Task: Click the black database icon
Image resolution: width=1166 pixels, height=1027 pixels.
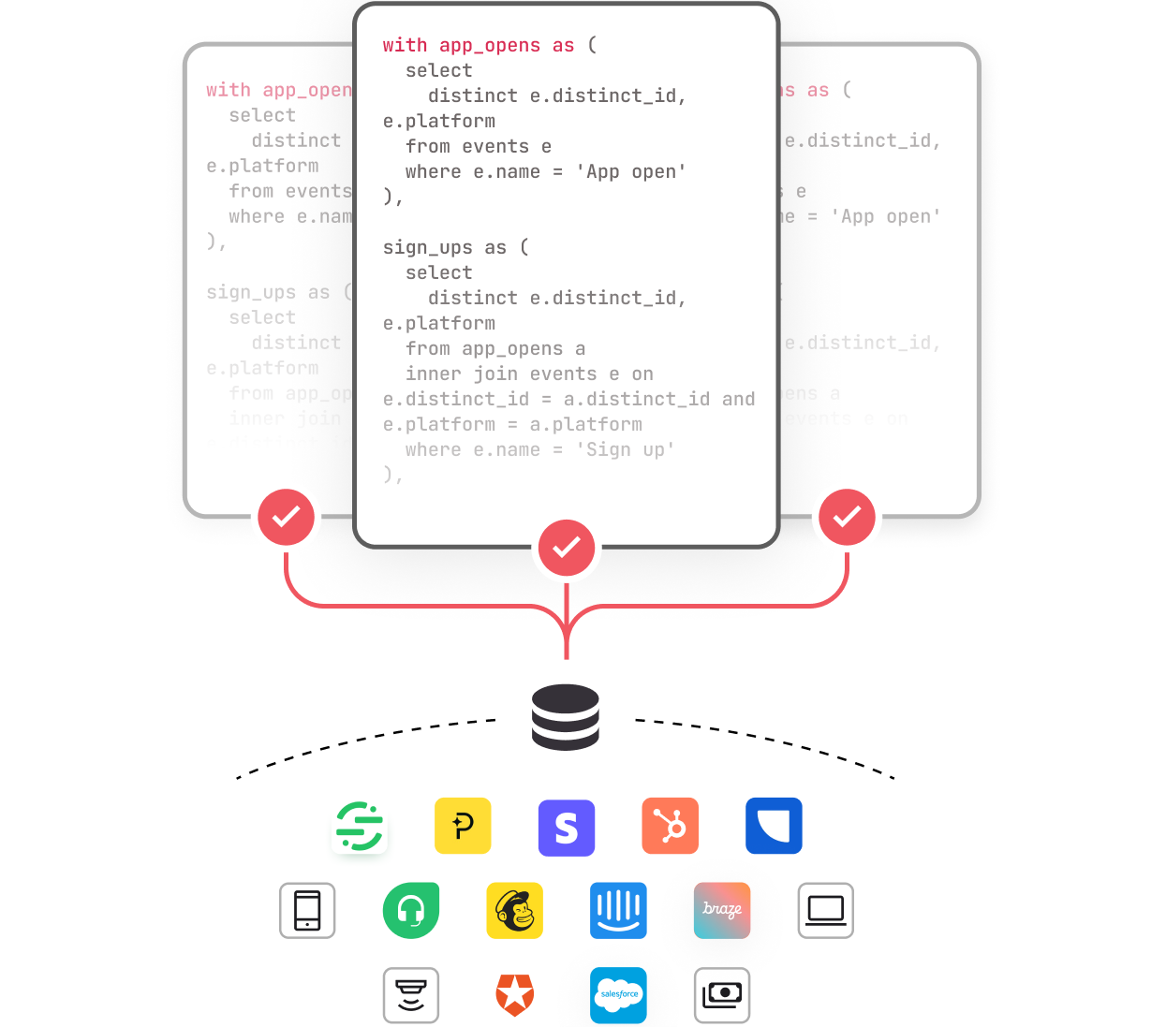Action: pos(565,716)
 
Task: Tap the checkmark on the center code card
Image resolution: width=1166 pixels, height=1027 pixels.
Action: pos(566,548)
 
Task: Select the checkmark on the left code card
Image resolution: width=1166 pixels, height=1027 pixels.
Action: pos(286,517)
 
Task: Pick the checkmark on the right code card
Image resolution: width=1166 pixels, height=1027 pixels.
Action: pos(847,517)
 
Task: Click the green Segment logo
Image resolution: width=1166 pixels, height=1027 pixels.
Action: pos(360,826)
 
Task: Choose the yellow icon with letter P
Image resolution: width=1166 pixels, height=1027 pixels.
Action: pos(463,826)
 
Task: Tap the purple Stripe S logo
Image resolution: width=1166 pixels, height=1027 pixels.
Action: pos(566,828)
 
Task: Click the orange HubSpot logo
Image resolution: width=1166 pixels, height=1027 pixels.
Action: pos(670,826)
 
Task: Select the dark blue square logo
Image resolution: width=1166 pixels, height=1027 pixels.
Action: pos(774,826)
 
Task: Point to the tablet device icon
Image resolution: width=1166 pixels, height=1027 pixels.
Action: pos(307,910)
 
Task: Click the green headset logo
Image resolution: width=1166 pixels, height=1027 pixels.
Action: pos(411,910)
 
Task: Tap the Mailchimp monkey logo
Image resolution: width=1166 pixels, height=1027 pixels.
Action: pos(514,910)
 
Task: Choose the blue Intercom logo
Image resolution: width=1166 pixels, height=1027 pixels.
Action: pos(618,910)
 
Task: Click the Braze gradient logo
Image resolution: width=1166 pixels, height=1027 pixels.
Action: pos(722,910)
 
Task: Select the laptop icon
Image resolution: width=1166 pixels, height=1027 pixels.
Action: pos(825,910)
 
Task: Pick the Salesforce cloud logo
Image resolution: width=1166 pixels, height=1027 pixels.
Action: pos(618,994)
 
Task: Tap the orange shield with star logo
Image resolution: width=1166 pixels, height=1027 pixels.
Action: pos(514,994)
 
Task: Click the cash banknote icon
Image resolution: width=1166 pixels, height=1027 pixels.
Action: pos(722,994)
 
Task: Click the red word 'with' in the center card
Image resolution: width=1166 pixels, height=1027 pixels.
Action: pos(405,45)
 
